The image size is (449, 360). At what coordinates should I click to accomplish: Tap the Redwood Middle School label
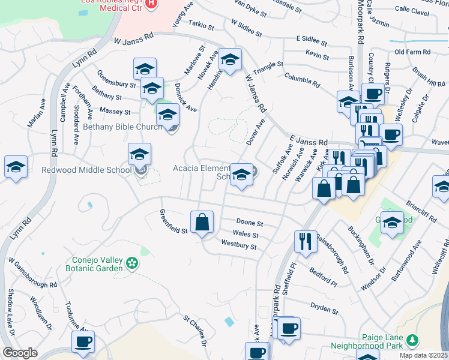[x=86, y=170]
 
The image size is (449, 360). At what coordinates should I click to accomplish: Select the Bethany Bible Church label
[x=122, y=127]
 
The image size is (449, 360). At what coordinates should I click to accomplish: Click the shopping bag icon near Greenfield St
[x=202, y=221]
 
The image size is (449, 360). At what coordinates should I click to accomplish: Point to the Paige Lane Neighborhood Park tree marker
[x=412, y=341]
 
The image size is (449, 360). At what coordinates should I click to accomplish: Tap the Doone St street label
[x=250, y=223]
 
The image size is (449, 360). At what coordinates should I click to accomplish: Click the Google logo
[x=20, y=353]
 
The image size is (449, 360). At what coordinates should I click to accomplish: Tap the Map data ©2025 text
[x=423, y=355]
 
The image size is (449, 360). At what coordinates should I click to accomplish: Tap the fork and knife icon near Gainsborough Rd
[x=305, y=241]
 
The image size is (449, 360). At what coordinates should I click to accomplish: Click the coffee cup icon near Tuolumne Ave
[x=82, y=341]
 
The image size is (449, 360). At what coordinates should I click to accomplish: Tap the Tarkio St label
[x=201, y=26]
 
